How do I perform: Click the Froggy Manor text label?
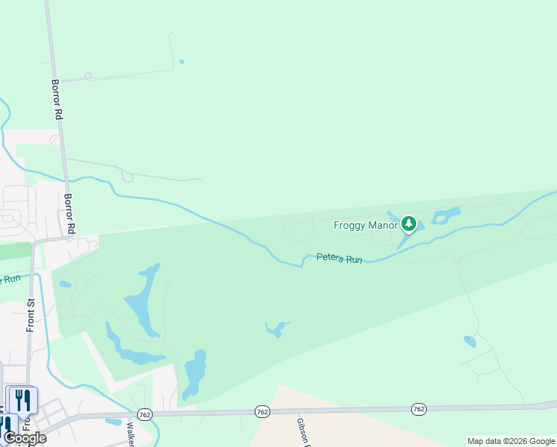[x=366, y=224]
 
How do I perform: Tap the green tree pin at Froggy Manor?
[x=408, y=223]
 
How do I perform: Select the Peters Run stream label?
[x=339, y=258]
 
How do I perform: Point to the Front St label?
[x=31, y=315]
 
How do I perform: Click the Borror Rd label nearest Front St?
[x=70, y=213]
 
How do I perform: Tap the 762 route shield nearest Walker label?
[x=144, y=413]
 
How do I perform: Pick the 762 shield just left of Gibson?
[x=261, y=411]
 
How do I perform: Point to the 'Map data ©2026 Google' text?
[x=512, y=441]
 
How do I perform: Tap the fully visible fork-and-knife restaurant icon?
[x=22, y=400]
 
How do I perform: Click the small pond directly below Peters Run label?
[x=276, y=328]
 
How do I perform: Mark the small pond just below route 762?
[x=113, y=422]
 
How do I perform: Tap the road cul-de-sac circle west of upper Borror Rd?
[x=88, y=75]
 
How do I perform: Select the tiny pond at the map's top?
[x=181, y=62]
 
